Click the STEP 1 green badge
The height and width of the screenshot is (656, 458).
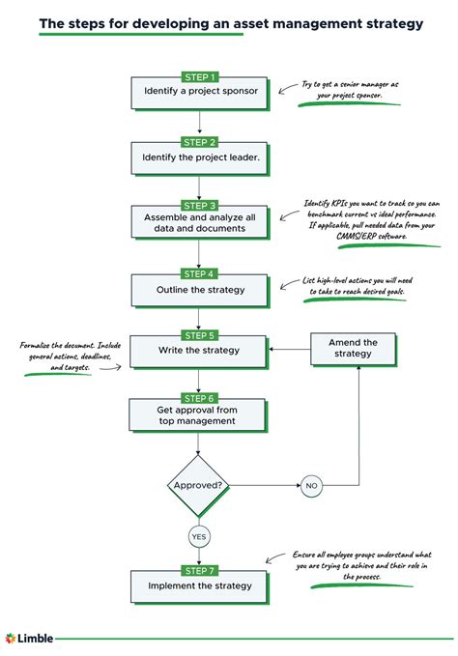tap(199, 75)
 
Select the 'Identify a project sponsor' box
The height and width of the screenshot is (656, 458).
tap(199, 92)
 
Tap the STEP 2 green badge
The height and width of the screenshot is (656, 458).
tap(199, 141)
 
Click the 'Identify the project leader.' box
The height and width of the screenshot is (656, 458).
tap(199, 157)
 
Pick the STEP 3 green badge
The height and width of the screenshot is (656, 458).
tap(199, 205)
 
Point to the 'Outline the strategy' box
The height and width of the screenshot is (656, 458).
tap(199, 288)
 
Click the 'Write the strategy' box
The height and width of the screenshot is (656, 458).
tap(199, 350)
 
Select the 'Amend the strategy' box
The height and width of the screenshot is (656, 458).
tap(353, 349)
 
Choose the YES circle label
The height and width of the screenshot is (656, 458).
tap(199, 536)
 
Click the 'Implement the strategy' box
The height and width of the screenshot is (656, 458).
tap(199, 585)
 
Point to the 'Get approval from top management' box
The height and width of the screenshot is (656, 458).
tap(199, 415)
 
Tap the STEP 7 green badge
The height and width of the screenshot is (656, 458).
tap(199, 570)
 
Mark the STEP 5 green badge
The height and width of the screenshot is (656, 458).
tap(199, 334)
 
